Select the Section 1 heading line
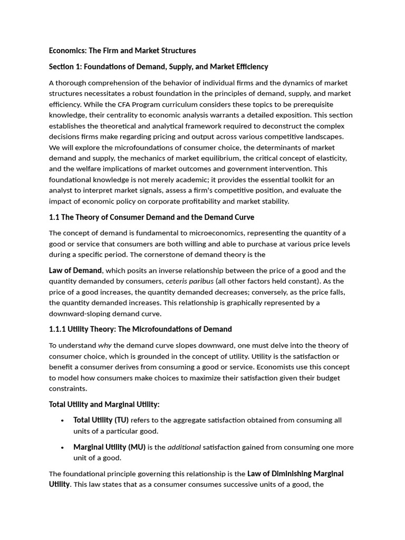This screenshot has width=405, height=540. [158, 66]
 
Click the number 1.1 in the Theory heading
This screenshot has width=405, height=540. [54, 217]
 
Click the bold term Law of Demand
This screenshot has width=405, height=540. [75, 271]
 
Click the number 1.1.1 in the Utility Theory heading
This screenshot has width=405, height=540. [57, 329]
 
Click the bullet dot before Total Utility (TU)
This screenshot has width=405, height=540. [62, 420]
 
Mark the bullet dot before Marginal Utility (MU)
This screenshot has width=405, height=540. [62, 447]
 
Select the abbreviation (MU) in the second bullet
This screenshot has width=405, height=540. [137, 447]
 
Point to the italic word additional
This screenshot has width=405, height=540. [184, 447]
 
